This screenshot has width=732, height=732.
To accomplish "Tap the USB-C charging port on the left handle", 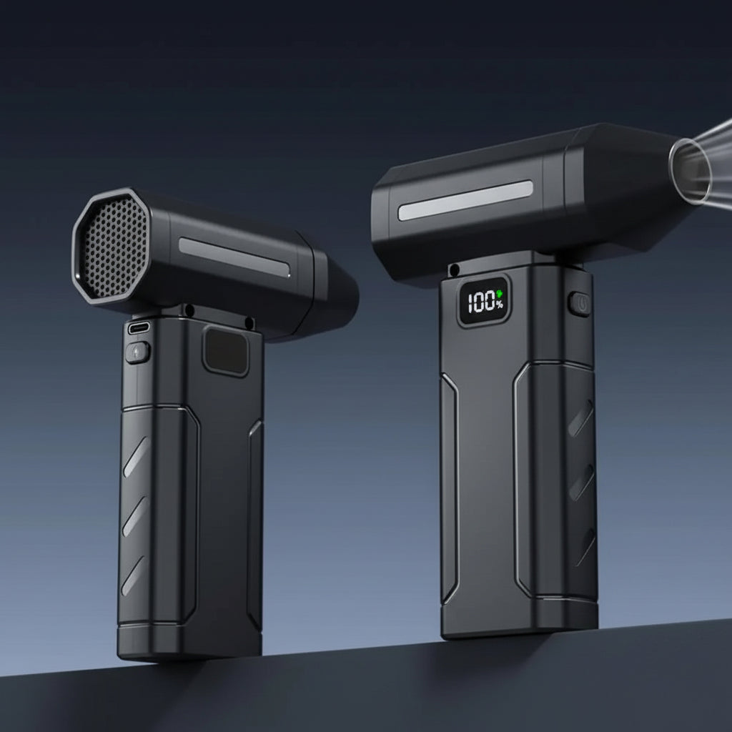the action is [139, 328].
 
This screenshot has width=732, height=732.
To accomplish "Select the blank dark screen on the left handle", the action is [226, 350].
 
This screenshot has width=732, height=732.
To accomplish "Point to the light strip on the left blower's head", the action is [234, 257].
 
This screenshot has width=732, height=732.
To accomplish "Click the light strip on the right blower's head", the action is [465, 200].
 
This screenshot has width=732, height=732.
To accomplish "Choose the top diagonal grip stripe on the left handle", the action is [135, 457].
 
